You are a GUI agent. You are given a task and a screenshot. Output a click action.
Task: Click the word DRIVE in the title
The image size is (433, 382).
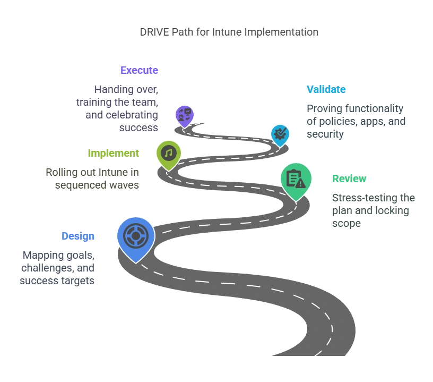pyautogui.click(x=154, y=32)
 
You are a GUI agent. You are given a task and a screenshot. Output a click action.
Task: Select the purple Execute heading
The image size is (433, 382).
pyautogui.click(x=139, y=70)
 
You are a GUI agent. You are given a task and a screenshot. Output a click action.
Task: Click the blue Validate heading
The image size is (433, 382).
pyautogui.click(x=326, y=89)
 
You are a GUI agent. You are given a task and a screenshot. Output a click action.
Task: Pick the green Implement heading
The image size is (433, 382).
pyautogui.click(x=114, y=153)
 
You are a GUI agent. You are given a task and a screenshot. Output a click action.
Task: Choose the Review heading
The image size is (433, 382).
pyautogui.click(x=349, y=179)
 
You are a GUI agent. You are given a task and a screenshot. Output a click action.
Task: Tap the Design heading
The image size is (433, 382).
pyautogui.click(x=78, y=236)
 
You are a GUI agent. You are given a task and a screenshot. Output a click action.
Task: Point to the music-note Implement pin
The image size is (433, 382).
pyautogui.click(x=169, y=155)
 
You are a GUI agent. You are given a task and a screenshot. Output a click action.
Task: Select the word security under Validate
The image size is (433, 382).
pyautogui.click(x=325, y=134)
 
